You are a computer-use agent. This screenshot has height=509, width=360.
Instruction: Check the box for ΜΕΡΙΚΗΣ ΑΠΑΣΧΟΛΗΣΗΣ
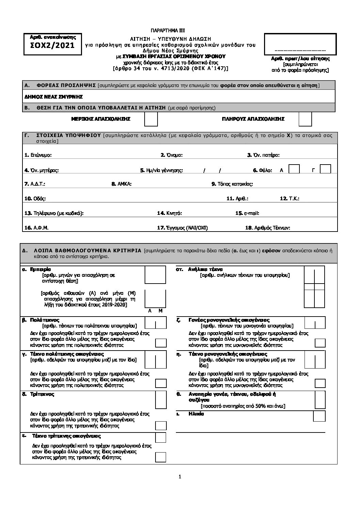coord(151,119)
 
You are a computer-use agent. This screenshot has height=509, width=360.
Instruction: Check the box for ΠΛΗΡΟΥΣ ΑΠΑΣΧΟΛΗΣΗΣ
coord(305,119)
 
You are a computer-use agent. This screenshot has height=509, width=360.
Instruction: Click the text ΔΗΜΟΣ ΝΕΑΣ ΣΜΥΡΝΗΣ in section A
coord(54,97)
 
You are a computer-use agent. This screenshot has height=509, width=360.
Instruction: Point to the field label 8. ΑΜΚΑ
coord(121,184)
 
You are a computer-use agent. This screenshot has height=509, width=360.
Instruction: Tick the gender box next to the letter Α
coord(294,169)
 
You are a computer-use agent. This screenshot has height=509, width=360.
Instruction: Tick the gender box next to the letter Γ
coord(326,169)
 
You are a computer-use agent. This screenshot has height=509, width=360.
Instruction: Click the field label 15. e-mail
coord(247,213)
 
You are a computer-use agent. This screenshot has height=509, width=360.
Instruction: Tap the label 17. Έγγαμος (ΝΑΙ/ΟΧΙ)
coord(182,228)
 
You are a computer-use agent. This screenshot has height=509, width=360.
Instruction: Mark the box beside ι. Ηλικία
coord(319,416)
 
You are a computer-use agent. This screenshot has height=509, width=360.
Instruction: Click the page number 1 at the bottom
coord(180,476)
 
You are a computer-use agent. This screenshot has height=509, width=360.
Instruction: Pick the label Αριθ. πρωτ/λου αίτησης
coord(300,58)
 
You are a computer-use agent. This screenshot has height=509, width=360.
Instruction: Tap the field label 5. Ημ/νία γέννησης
coord(162,170)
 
